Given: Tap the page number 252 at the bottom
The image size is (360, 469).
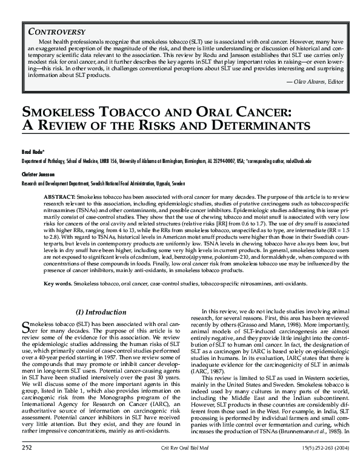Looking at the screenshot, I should pyautogui.click(x=26, y=463).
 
